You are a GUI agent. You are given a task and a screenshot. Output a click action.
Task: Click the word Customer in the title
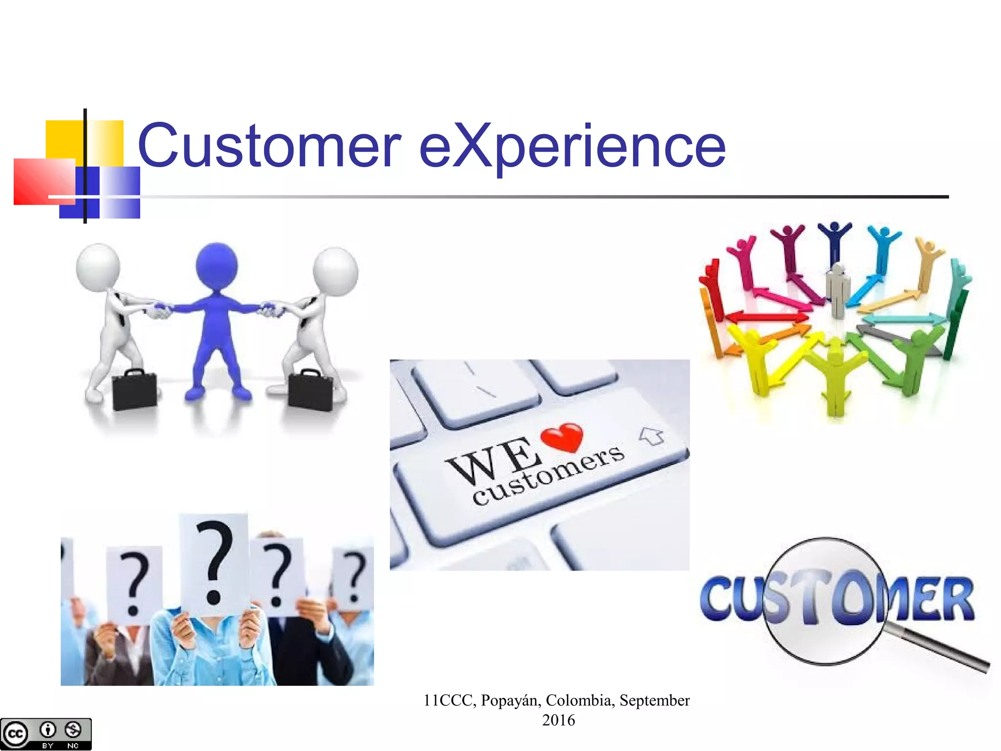[x=269, y=145]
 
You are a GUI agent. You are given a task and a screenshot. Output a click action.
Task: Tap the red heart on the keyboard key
[x=563, y=437]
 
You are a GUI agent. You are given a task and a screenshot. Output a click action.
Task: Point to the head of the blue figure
[x=217, y=266]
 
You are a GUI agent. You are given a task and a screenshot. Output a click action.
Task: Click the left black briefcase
[x=134, y=390]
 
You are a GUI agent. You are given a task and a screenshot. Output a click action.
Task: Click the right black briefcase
[x=311, y=390]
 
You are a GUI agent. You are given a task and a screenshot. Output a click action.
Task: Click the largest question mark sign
[x=214, y=562]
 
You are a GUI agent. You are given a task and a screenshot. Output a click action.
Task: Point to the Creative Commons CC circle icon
[x=15, y=733]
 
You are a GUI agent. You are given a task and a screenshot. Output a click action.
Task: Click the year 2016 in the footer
[x=558, y=720]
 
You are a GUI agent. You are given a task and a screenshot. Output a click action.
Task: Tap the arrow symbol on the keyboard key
[x=652, y=435]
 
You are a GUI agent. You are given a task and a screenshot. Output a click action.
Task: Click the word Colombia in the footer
[x=580, y=700]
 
